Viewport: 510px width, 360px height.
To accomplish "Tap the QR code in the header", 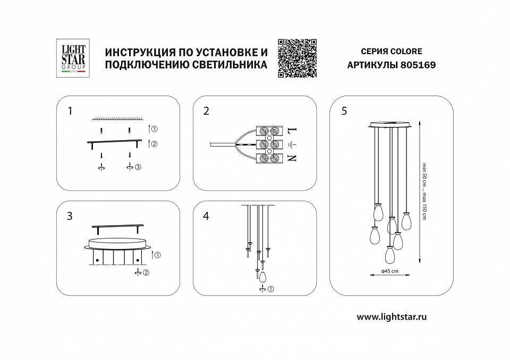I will point(297,58).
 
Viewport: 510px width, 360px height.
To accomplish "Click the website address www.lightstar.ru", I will point(392,316).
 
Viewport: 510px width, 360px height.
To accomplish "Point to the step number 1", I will point(70,111).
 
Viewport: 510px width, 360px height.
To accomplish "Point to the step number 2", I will point(206,111).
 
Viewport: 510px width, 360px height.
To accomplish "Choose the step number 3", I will point(70,216).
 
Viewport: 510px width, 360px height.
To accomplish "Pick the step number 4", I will point(206,216).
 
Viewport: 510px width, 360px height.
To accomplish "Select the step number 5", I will point(344,111).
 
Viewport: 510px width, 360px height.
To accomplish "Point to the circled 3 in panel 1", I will point(138,168).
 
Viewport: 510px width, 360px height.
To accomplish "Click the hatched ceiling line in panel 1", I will point(117,118).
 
